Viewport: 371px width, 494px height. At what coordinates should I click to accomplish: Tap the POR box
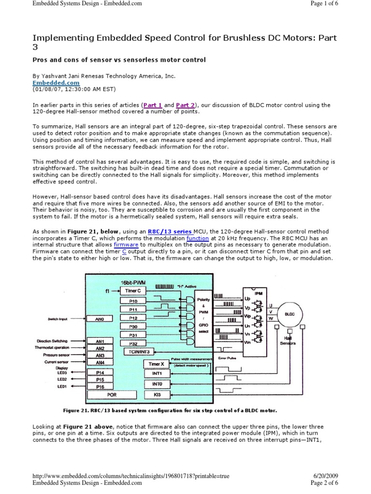click(x=112, y=395)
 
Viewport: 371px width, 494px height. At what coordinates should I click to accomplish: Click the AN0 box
click(x=100, y=319)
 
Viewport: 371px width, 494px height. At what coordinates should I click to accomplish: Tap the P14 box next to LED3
click(x=100, y=372)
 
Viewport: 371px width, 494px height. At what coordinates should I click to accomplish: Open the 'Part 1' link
click(x=152, y=105)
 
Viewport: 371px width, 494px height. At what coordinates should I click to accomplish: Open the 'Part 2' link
click(x=185, y=105)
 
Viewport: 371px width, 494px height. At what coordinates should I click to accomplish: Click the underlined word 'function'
click(x=198, y=238)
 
